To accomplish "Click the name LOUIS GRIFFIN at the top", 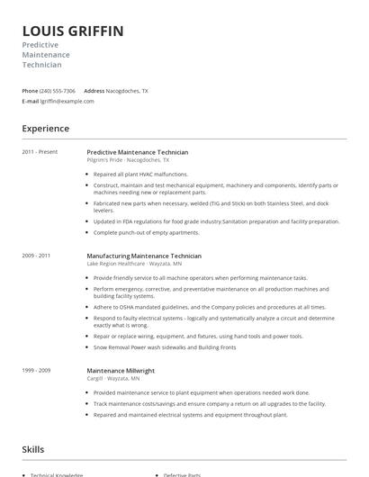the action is pyautogui.click(x=73, y=31).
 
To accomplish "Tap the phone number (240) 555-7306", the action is pyautogui.click(x=58, y=91).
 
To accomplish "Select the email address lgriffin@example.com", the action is pyautogui.click(x=67, y=101).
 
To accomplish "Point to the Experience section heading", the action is pyautogui.click(x=45, y=129).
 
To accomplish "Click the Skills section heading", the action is pyautogui.click(x=33, y=448).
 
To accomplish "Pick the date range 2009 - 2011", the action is pyautogui.click(x=36, y=256).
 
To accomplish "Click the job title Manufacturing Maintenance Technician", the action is pyautogui.click(x=144, y=256).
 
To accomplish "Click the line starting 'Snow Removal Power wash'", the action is pyautogui.click(x=165, y=346).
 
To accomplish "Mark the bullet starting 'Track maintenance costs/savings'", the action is pyautogui.click(x=209, y=404).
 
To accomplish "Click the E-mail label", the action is pyautogui.click(x=31, y=101).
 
